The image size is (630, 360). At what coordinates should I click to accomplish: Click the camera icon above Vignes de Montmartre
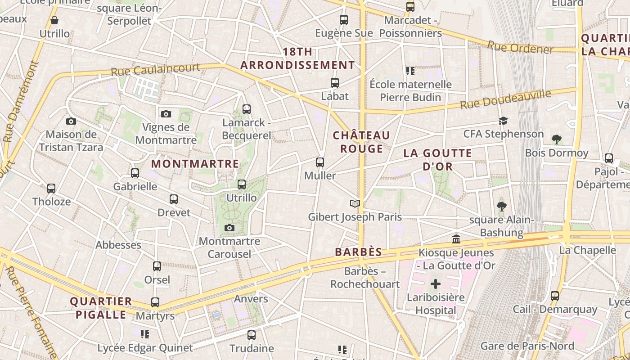(x=166, y=114)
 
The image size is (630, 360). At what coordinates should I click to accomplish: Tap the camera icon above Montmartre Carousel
(x=229, y=228)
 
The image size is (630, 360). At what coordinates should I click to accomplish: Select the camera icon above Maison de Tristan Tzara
(x=71, y=121)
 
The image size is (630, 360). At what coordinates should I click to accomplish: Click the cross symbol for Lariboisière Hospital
(x=435, y=284)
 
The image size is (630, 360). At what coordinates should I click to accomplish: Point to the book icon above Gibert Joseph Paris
(x=355, y=204)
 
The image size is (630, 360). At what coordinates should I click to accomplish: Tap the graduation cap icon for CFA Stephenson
(x=503, y=121)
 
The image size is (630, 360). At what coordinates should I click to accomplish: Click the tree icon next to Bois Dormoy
(x=557, y=139)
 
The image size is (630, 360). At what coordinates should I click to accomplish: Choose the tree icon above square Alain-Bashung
(x=501, y=207)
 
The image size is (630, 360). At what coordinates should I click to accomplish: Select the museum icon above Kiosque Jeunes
(x=456, y=239)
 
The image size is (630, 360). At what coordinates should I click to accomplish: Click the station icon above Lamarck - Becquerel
(x=246, y=109)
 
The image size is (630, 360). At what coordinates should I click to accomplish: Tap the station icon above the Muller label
(x=320, y=162)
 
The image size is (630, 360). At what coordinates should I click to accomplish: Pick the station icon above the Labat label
(x=334, y=83)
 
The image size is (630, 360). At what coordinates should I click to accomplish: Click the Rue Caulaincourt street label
(x=155, y=69)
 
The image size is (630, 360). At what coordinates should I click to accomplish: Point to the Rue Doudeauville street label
(x=505, y=99)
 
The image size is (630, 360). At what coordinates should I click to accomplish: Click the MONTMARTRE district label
(x=195, y=164)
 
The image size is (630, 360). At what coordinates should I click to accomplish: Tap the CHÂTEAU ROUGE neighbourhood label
(x=361, y=142)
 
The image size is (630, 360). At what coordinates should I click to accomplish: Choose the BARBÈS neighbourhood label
(x=359, y=252)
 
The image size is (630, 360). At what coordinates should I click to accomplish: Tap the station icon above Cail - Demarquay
(x=555, y=296)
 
